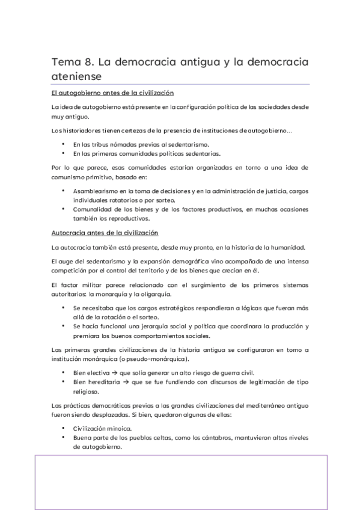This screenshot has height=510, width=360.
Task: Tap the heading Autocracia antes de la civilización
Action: (105, 232)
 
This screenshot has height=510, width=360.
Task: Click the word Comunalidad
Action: (92, 209)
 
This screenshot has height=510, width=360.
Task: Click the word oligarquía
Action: (157, 294)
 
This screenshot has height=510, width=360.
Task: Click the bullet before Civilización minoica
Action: (63, 429)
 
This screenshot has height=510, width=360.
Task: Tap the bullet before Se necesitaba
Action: (63, 308)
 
